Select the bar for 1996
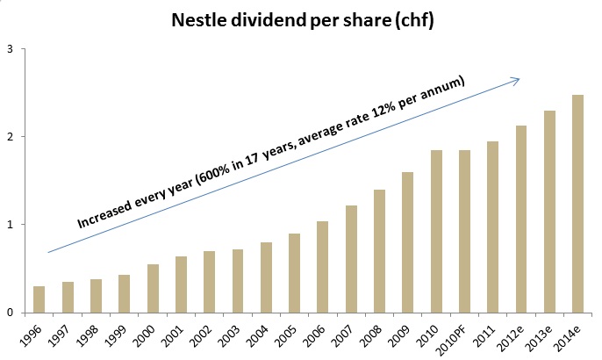coord(39,299)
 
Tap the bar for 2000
coord(153,288)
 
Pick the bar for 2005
coord(295,273)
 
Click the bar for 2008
coord(380,251)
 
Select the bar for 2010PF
coord(465,231)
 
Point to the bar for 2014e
coord(578,204)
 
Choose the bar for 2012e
coord(522,219)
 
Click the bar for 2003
coord(238,281)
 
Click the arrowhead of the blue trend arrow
coord(516,79)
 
